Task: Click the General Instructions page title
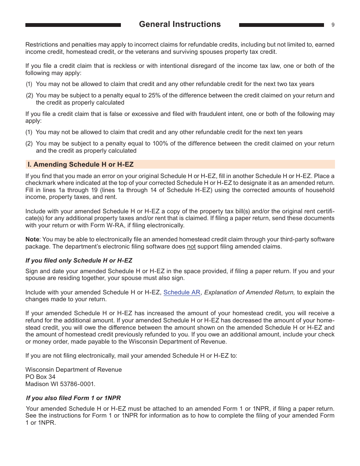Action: click(180, 24)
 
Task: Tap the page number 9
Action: click(333, 25)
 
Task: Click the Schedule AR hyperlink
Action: click(182, 292)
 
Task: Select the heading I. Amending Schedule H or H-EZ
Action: click(80, 164)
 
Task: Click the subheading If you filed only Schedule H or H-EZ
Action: click(79, 261)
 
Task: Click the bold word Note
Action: click(32, 239)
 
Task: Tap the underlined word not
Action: click(191, 247)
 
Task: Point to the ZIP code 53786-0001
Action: click(78, 384)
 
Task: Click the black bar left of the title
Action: click(73, 25)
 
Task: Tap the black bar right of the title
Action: click(282, 25)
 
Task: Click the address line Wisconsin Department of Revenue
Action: click(74, 369)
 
